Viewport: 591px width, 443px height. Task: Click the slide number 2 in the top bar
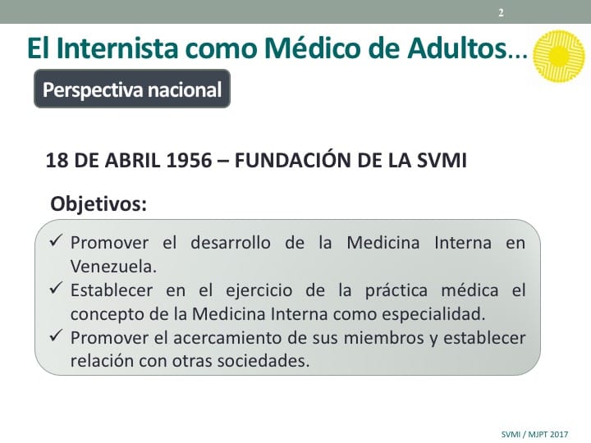click(x=501, y=13)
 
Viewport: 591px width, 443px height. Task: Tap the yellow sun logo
click(x=559, y=56)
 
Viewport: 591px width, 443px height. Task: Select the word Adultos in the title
click(x=456, y=48)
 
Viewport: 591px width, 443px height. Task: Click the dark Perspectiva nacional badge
click(x=132, y=89)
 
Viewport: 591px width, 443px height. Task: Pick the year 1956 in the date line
click(x=190, y=160)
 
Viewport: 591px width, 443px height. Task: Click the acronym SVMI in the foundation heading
click(x=442, y=160)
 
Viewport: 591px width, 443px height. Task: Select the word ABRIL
click(x=133, y=160)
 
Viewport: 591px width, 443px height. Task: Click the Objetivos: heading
click(x=98, y=203)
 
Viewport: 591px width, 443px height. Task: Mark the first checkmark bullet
click(x=56, y=240)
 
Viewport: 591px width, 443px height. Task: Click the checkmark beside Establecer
click(x=56, y=289)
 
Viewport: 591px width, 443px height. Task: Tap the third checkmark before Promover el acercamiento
click(x=56, y=336)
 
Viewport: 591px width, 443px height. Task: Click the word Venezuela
click(x=113, y=267)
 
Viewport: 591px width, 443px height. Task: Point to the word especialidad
click(x=433, y=314)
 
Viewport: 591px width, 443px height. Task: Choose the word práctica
click(x=396, y=290)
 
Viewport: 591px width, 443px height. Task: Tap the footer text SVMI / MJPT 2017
click(x=534, y=434)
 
